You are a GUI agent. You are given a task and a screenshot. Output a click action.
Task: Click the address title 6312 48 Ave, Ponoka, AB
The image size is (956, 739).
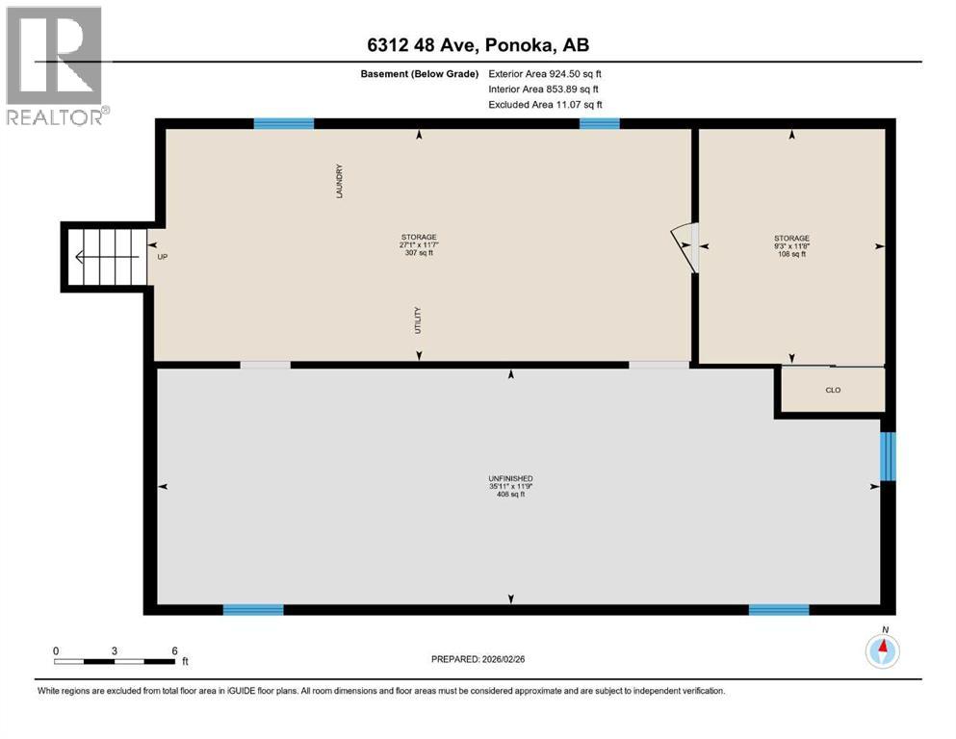[478, 45]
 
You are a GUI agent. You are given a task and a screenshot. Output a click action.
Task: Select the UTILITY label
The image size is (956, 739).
[419, 319]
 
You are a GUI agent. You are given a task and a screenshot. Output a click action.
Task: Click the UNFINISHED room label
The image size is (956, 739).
[510, 478]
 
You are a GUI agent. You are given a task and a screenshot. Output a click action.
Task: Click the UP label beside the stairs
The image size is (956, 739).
[162, 257]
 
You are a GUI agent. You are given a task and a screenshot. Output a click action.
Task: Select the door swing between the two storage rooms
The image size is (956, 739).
[685, 246]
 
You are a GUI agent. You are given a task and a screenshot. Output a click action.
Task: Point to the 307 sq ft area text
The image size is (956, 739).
[419, 253]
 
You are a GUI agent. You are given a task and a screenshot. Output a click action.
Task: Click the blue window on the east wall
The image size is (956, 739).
[888, 456]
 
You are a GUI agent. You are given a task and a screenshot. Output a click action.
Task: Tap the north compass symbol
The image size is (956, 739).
[882, 651]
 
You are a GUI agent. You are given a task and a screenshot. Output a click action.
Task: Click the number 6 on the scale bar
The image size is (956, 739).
[174, 650]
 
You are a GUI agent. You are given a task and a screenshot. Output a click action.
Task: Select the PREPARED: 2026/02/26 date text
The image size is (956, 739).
[478, 659]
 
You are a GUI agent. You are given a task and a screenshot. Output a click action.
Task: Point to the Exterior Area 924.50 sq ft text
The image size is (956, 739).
[545, 73]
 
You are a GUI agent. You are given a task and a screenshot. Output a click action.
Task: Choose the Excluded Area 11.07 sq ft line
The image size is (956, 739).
[545, 104]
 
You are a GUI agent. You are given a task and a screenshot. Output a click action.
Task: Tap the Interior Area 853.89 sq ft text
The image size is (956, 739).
[543, 89]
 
